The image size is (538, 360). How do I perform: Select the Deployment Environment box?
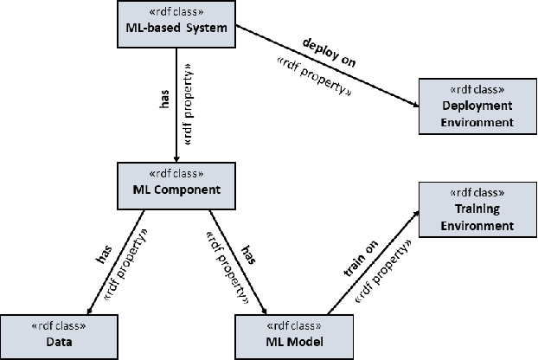point(477,106)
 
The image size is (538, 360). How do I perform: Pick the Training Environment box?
point(477,209)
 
